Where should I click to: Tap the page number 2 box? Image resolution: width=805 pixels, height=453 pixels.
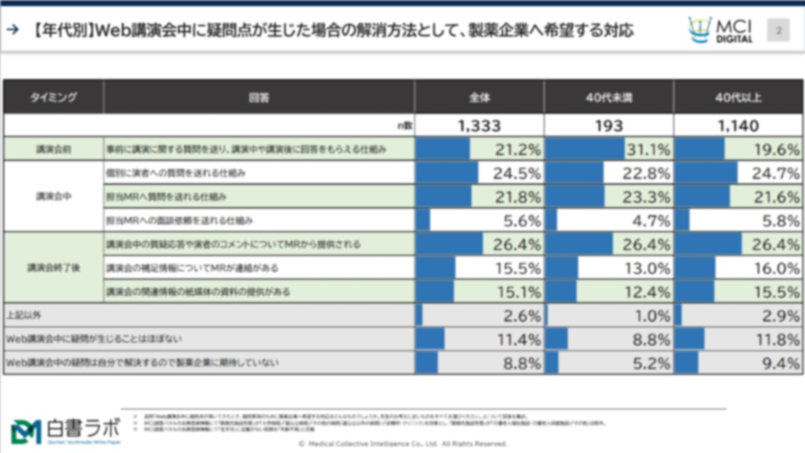pyautogui.click(x=778, y=30)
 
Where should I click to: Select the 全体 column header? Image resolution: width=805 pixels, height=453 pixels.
pyautogui.click(x=479, y=98)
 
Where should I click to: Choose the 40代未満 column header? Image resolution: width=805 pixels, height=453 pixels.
pyautogui.click(x=608, y=98)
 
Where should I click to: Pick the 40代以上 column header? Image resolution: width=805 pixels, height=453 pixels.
pyautogui.click(x=738, y=98)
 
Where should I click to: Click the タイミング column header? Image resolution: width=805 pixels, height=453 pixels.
pyautogui.click(x=54, y=98)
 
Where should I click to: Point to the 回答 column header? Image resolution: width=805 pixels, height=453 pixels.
pyautogui.click(x=258, y=98)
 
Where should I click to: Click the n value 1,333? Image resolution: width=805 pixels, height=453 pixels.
pyautogui.click(x=479, y=126)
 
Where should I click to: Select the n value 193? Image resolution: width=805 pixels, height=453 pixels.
pyautogui.click(x=608, y=126)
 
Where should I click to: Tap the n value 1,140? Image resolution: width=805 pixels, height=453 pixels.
pyautogui.click(x=738, y=126)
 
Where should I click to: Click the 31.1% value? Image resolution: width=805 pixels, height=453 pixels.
pyautogui.click(x=648, y=150)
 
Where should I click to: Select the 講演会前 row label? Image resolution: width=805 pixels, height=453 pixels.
pyautogui.click(x=54, y=150)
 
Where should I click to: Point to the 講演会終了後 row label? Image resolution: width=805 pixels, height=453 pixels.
pyautogui.click(x=54, y=268)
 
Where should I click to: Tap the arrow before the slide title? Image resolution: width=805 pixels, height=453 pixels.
pyautogui.click(x=12, y=30)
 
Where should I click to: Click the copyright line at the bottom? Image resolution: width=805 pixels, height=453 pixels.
pyautogui.click(x=402, y=444)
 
